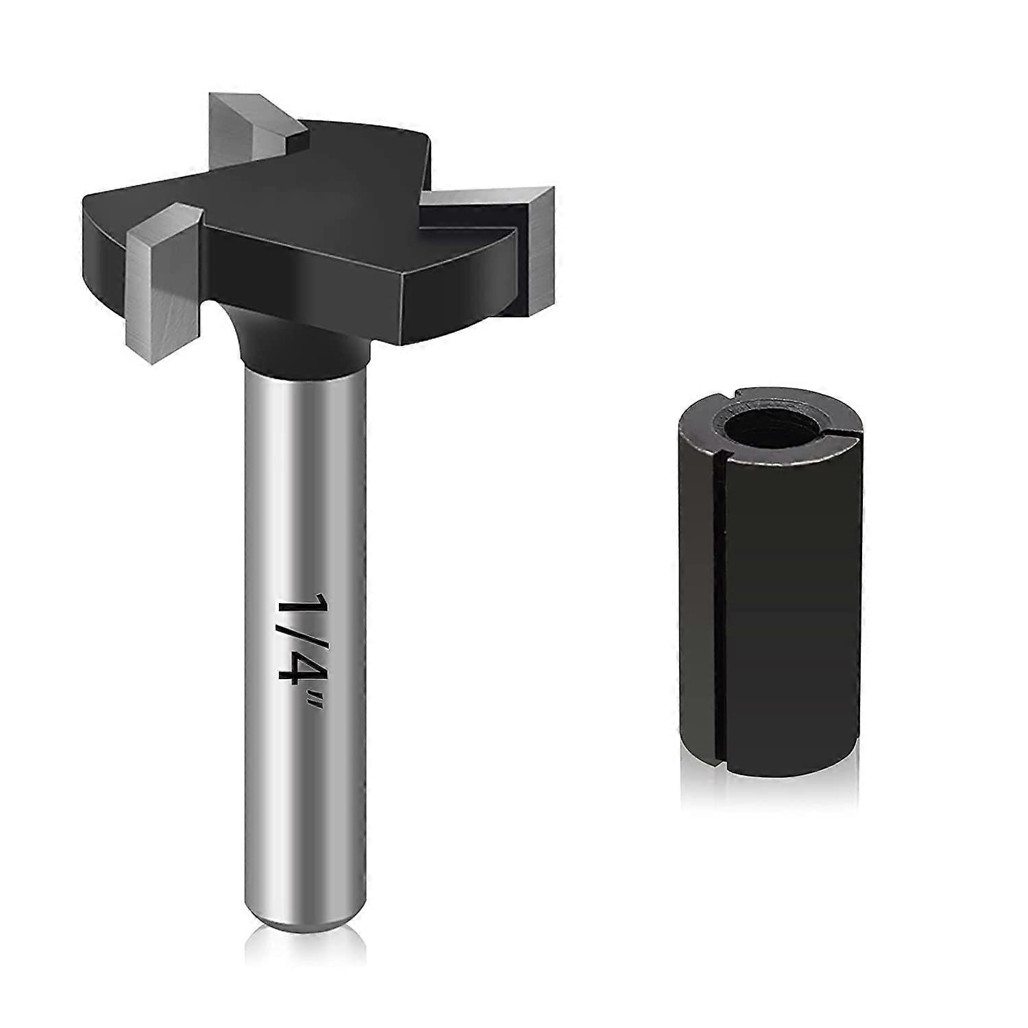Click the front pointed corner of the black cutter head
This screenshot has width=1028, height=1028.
pyautogui.click(x=404, y=302)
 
